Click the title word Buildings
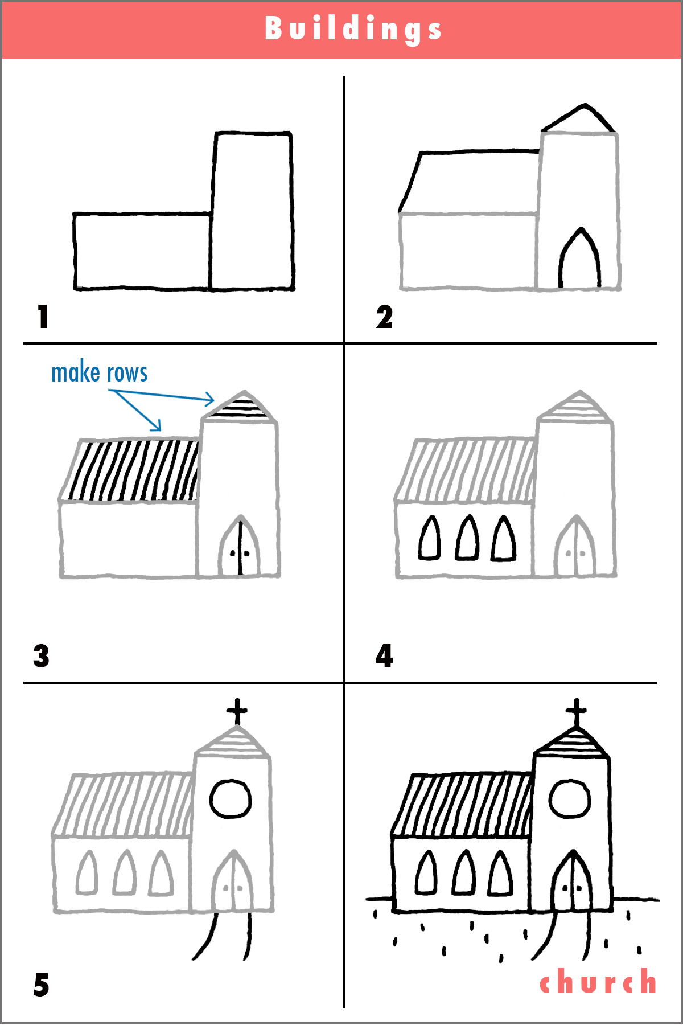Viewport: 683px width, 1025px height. tap(353, 28)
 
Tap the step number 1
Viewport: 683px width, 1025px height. tap(43, 317)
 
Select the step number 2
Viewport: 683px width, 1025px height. tap(384, 317)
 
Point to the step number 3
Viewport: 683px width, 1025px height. tap(41, 656)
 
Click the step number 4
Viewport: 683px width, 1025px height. tap(384, 656)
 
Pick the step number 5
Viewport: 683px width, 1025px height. tap(41, 985)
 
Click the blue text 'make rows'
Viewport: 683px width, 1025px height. tap(99, 373)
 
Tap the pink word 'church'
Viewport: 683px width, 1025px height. tap(598, 982)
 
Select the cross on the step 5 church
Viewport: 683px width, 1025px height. tap(237, 711)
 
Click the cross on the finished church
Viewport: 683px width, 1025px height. tap(576, 711)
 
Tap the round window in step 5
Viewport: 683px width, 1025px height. tap(231, 799)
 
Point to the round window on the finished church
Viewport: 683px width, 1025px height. tap(569, 798)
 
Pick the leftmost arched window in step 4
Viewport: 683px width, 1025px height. tap(430, 539)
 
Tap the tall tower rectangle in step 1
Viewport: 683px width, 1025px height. tap(252, 211)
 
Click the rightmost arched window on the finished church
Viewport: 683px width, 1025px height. tap(500, 874)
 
